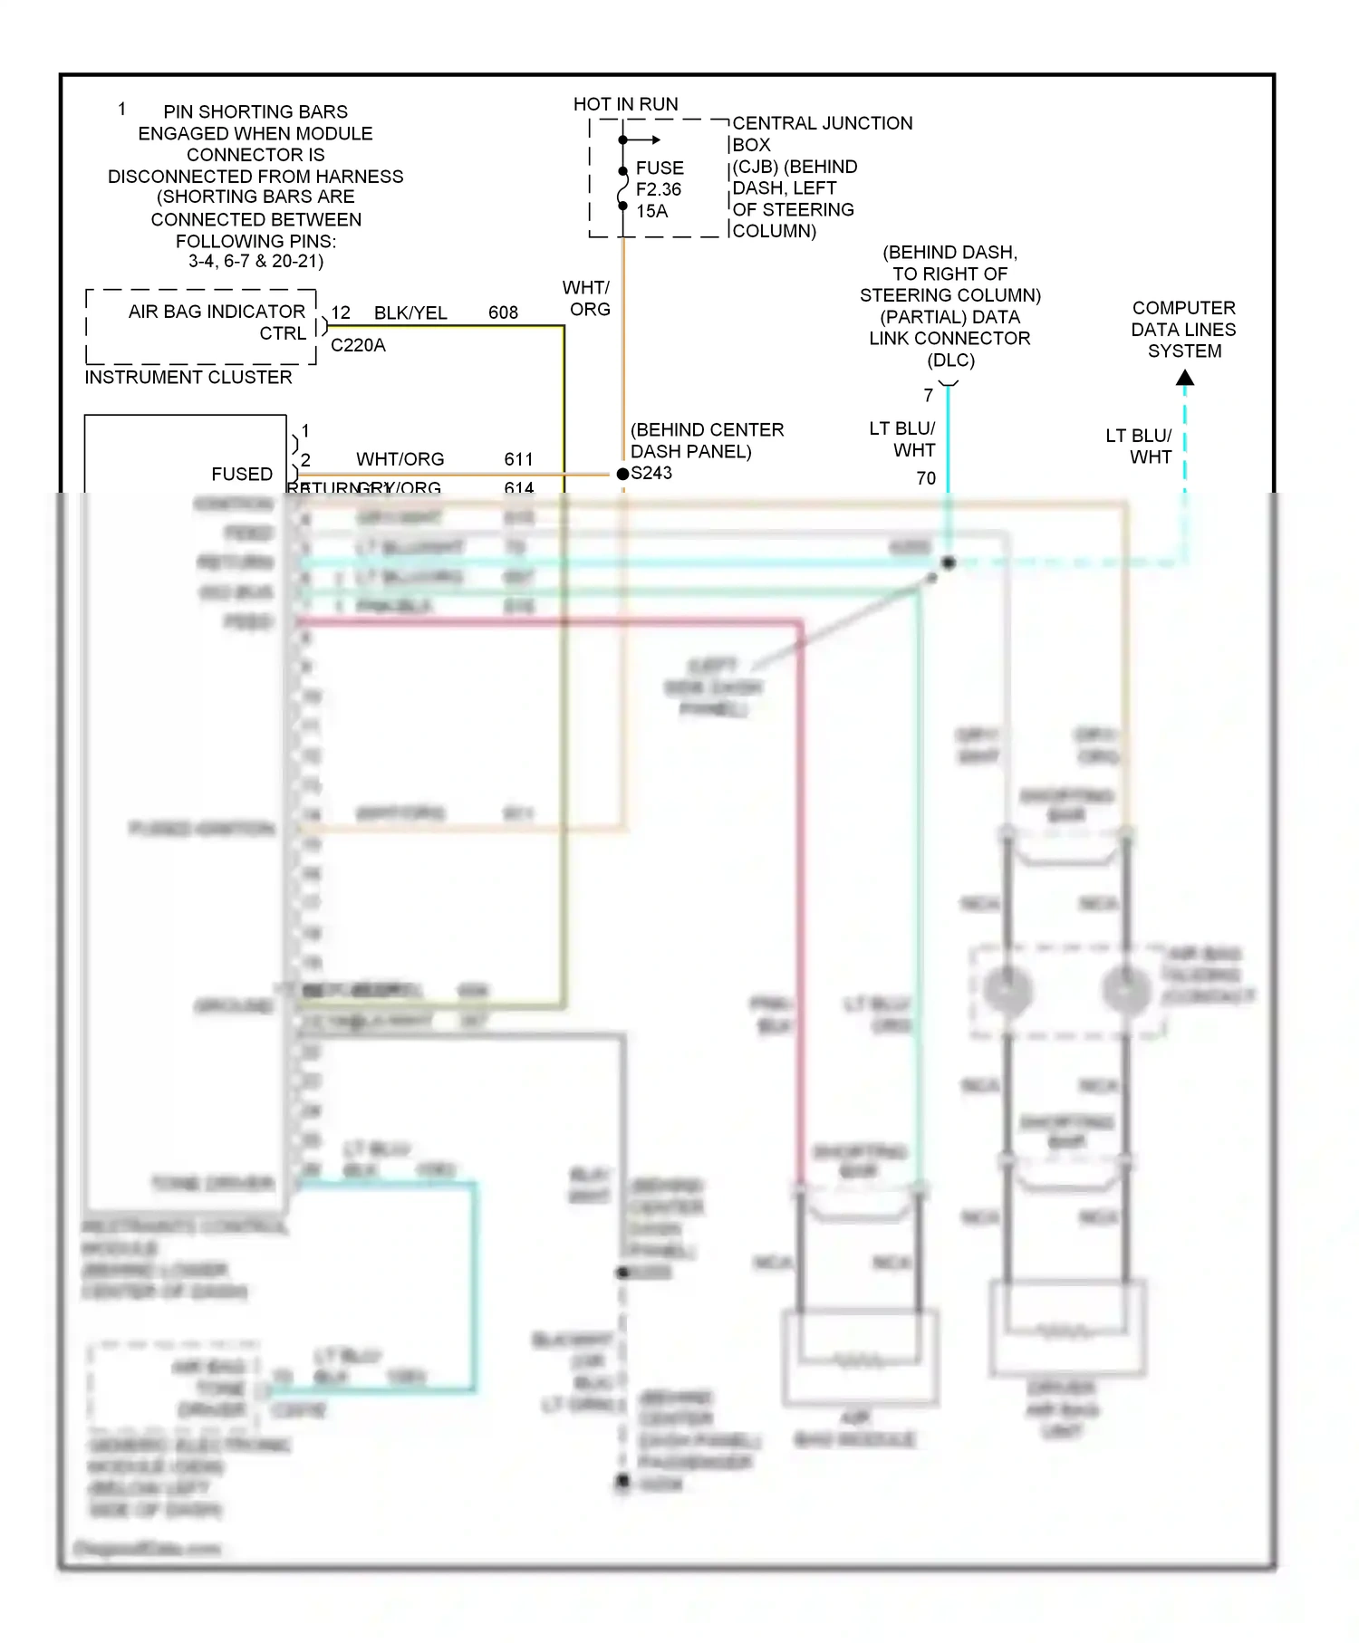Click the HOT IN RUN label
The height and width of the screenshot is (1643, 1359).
pyautogui.click(x=625, y=104)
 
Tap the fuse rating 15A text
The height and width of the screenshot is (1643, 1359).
pyautogui.click(x=651, y=211)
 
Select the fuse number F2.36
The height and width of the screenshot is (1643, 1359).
pyautogui.click(x=659, y=189)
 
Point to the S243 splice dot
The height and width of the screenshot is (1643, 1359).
pyautogui.click(x=622, y=474)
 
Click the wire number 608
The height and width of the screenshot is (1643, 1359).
pyautogui.click(x=503, y=312)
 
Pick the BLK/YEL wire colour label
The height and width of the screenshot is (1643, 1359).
pyautogui.click(x=410, y=312)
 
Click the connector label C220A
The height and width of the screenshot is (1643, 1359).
pyautogui.click(x=358, y=345)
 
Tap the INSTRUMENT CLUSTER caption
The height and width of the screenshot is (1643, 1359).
pyautogui.click(x=188, y=377)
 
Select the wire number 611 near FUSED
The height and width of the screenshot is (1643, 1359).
pyautogui.click(x=518, y=459)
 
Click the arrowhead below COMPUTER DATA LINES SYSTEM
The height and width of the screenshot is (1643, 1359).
pyautogui.click(x=1185, y=379)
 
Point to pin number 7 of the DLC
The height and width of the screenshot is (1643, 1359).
pyautogui.click(x=928, y=396)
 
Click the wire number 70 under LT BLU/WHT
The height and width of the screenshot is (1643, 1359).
pyautogui.click(x=926, y=478)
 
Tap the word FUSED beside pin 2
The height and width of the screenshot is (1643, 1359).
pyautogui.click(x=242, y=474)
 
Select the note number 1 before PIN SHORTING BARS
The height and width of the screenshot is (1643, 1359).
pyautogui.click(x=122, y=110)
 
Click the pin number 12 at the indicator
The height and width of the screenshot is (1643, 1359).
pyautogui.click(x=341, y=312)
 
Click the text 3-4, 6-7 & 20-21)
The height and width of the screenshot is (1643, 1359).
pyautogui.click(x=255, y=261)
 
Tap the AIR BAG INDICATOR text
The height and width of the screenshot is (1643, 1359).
pyautogui.click(x=217, y=312)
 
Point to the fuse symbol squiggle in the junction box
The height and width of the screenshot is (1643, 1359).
pyautogui.click(x=623, y=189)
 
